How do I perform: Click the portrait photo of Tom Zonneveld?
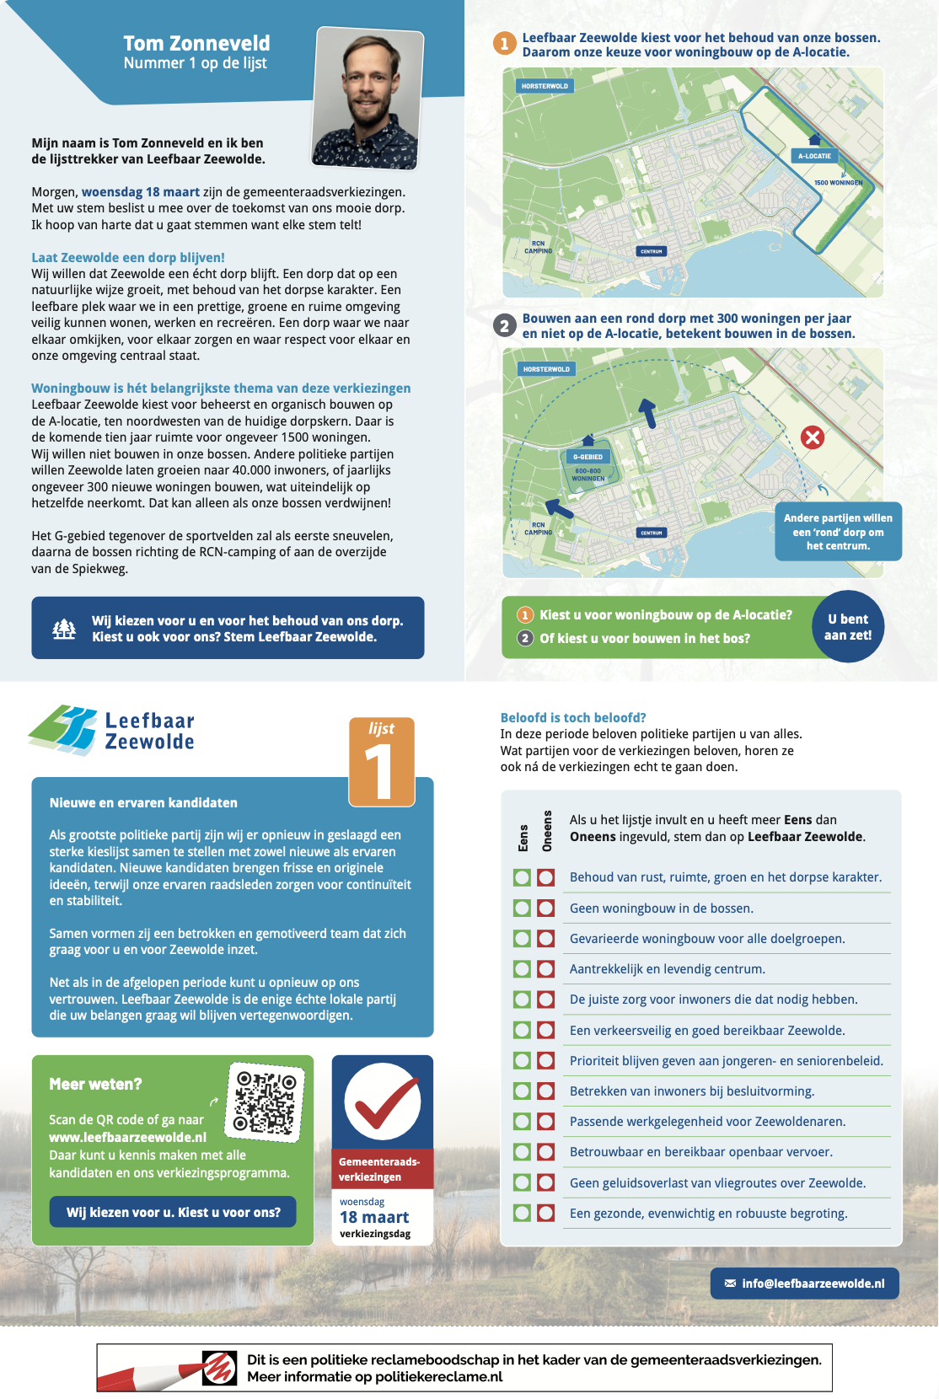tap(367, 97)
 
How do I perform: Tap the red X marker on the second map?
tap(813, 437)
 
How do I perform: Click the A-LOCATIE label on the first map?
tap(814, 156)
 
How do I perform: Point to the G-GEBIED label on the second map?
tap(588, 457)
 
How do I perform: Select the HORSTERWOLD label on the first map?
tap(545, 86)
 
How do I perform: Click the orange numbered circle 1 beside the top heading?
tap(504, 44)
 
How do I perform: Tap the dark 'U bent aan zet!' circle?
tap(848, 627)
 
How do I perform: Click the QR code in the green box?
tap(266, 1102)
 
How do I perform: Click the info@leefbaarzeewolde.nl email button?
tap(804, 1284)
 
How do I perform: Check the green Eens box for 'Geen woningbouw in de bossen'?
tap(523, 908)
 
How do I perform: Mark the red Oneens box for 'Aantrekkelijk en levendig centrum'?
tap(546, 969)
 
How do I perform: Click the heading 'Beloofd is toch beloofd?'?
tap(573, 718)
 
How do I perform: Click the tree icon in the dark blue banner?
tap(64, 629)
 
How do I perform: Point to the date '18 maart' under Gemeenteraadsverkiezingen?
tap(374, 1217)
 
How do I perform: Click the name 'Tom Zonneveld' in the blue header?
tap(196, 43)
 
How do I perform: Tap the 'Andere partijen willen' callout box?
tap(838, 532)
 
